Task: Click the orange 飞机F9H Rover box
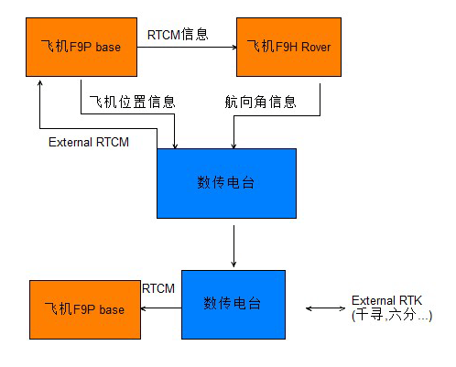point(288,47)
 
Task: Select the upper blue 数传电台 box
point(226,183)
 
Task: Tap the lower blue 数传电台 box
point(233,305)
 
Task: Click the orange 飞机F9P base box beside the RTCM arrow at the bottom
point(85,309)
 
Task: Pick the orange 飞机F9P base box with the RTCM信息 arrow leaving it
point(81,47)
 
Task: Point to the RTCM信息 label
point(178,35)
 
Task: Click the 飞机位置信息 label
point(133,102)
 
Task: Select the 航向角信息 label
point(260,102)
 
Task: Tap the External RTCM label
point(89,142)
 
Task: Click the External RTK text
point(386,300)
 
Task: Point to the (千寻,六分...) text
point(392,315)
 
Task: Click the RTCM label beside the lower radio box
point(158,288)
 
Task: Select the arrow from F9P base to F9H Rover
point(187,47)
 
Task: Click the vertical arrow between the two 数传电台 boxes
point(233,246)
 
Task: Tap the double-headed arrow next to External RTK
point(325,308)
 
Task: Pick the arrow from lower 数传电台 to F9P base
point(161,308)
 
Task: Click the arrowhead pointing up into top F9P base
point(39,83)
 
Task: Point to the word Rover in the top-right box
point(316,48)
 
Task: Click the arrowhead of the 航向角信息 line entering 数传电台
point(233,146)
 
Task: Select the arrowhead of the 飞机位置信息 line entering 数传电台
point(175,146)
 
